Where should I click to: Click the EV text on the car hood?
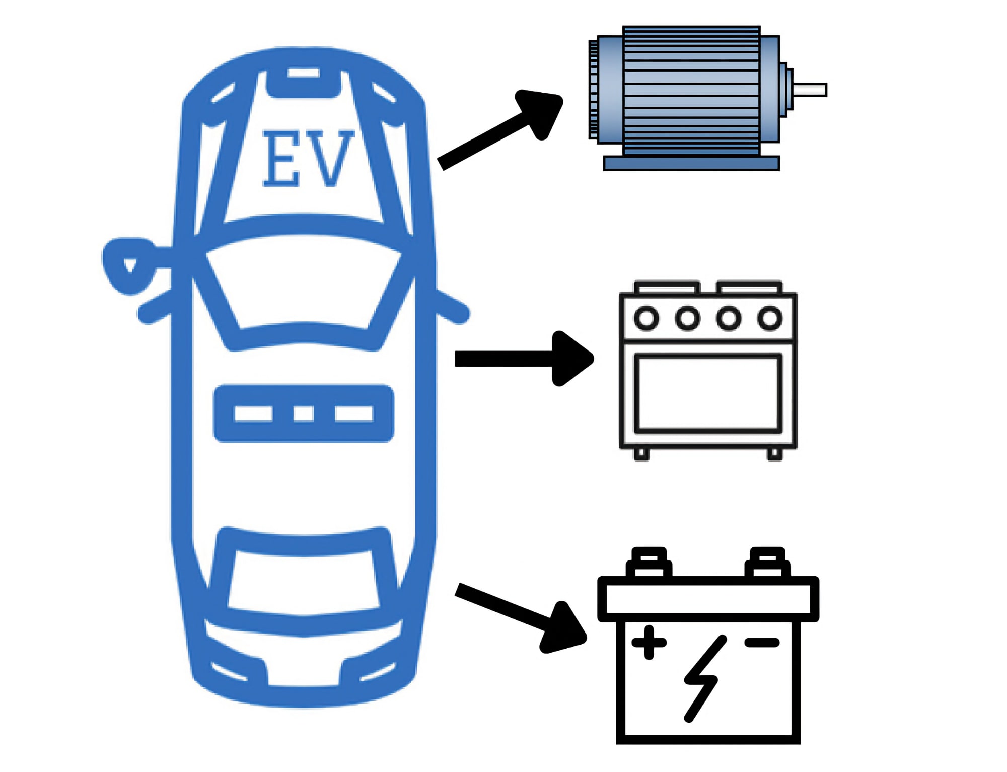(x=309, y=159)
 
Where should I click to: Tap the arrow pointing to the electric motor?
(x=500, y=129)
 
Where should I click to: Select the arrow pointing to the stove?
(x=524, y=359)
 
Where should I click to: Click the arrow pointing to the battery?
(x=521, y=618)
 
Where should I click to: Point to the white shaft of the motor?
(x=810, y=90)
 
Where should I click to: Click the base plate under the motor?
(x=691, y=163)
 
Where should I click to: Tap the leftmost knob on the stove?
(x=646, y=318)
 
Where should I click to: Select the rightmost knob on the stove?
(x=770, y=318)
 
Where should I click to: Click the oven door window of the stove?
(x=708, y=393)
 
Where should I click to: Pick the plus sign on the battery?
(x=649, y=642)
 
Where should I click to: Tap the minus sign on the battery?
(x=762, y=642)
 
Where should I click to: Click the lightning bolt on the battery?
(x=704, y=679)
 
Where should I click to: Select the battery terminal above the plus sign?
(x=649, y=562)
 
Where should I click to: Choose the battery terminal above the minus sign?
(x=767, y=562)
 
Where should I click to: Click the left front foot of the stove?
(x=641, y=454)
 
